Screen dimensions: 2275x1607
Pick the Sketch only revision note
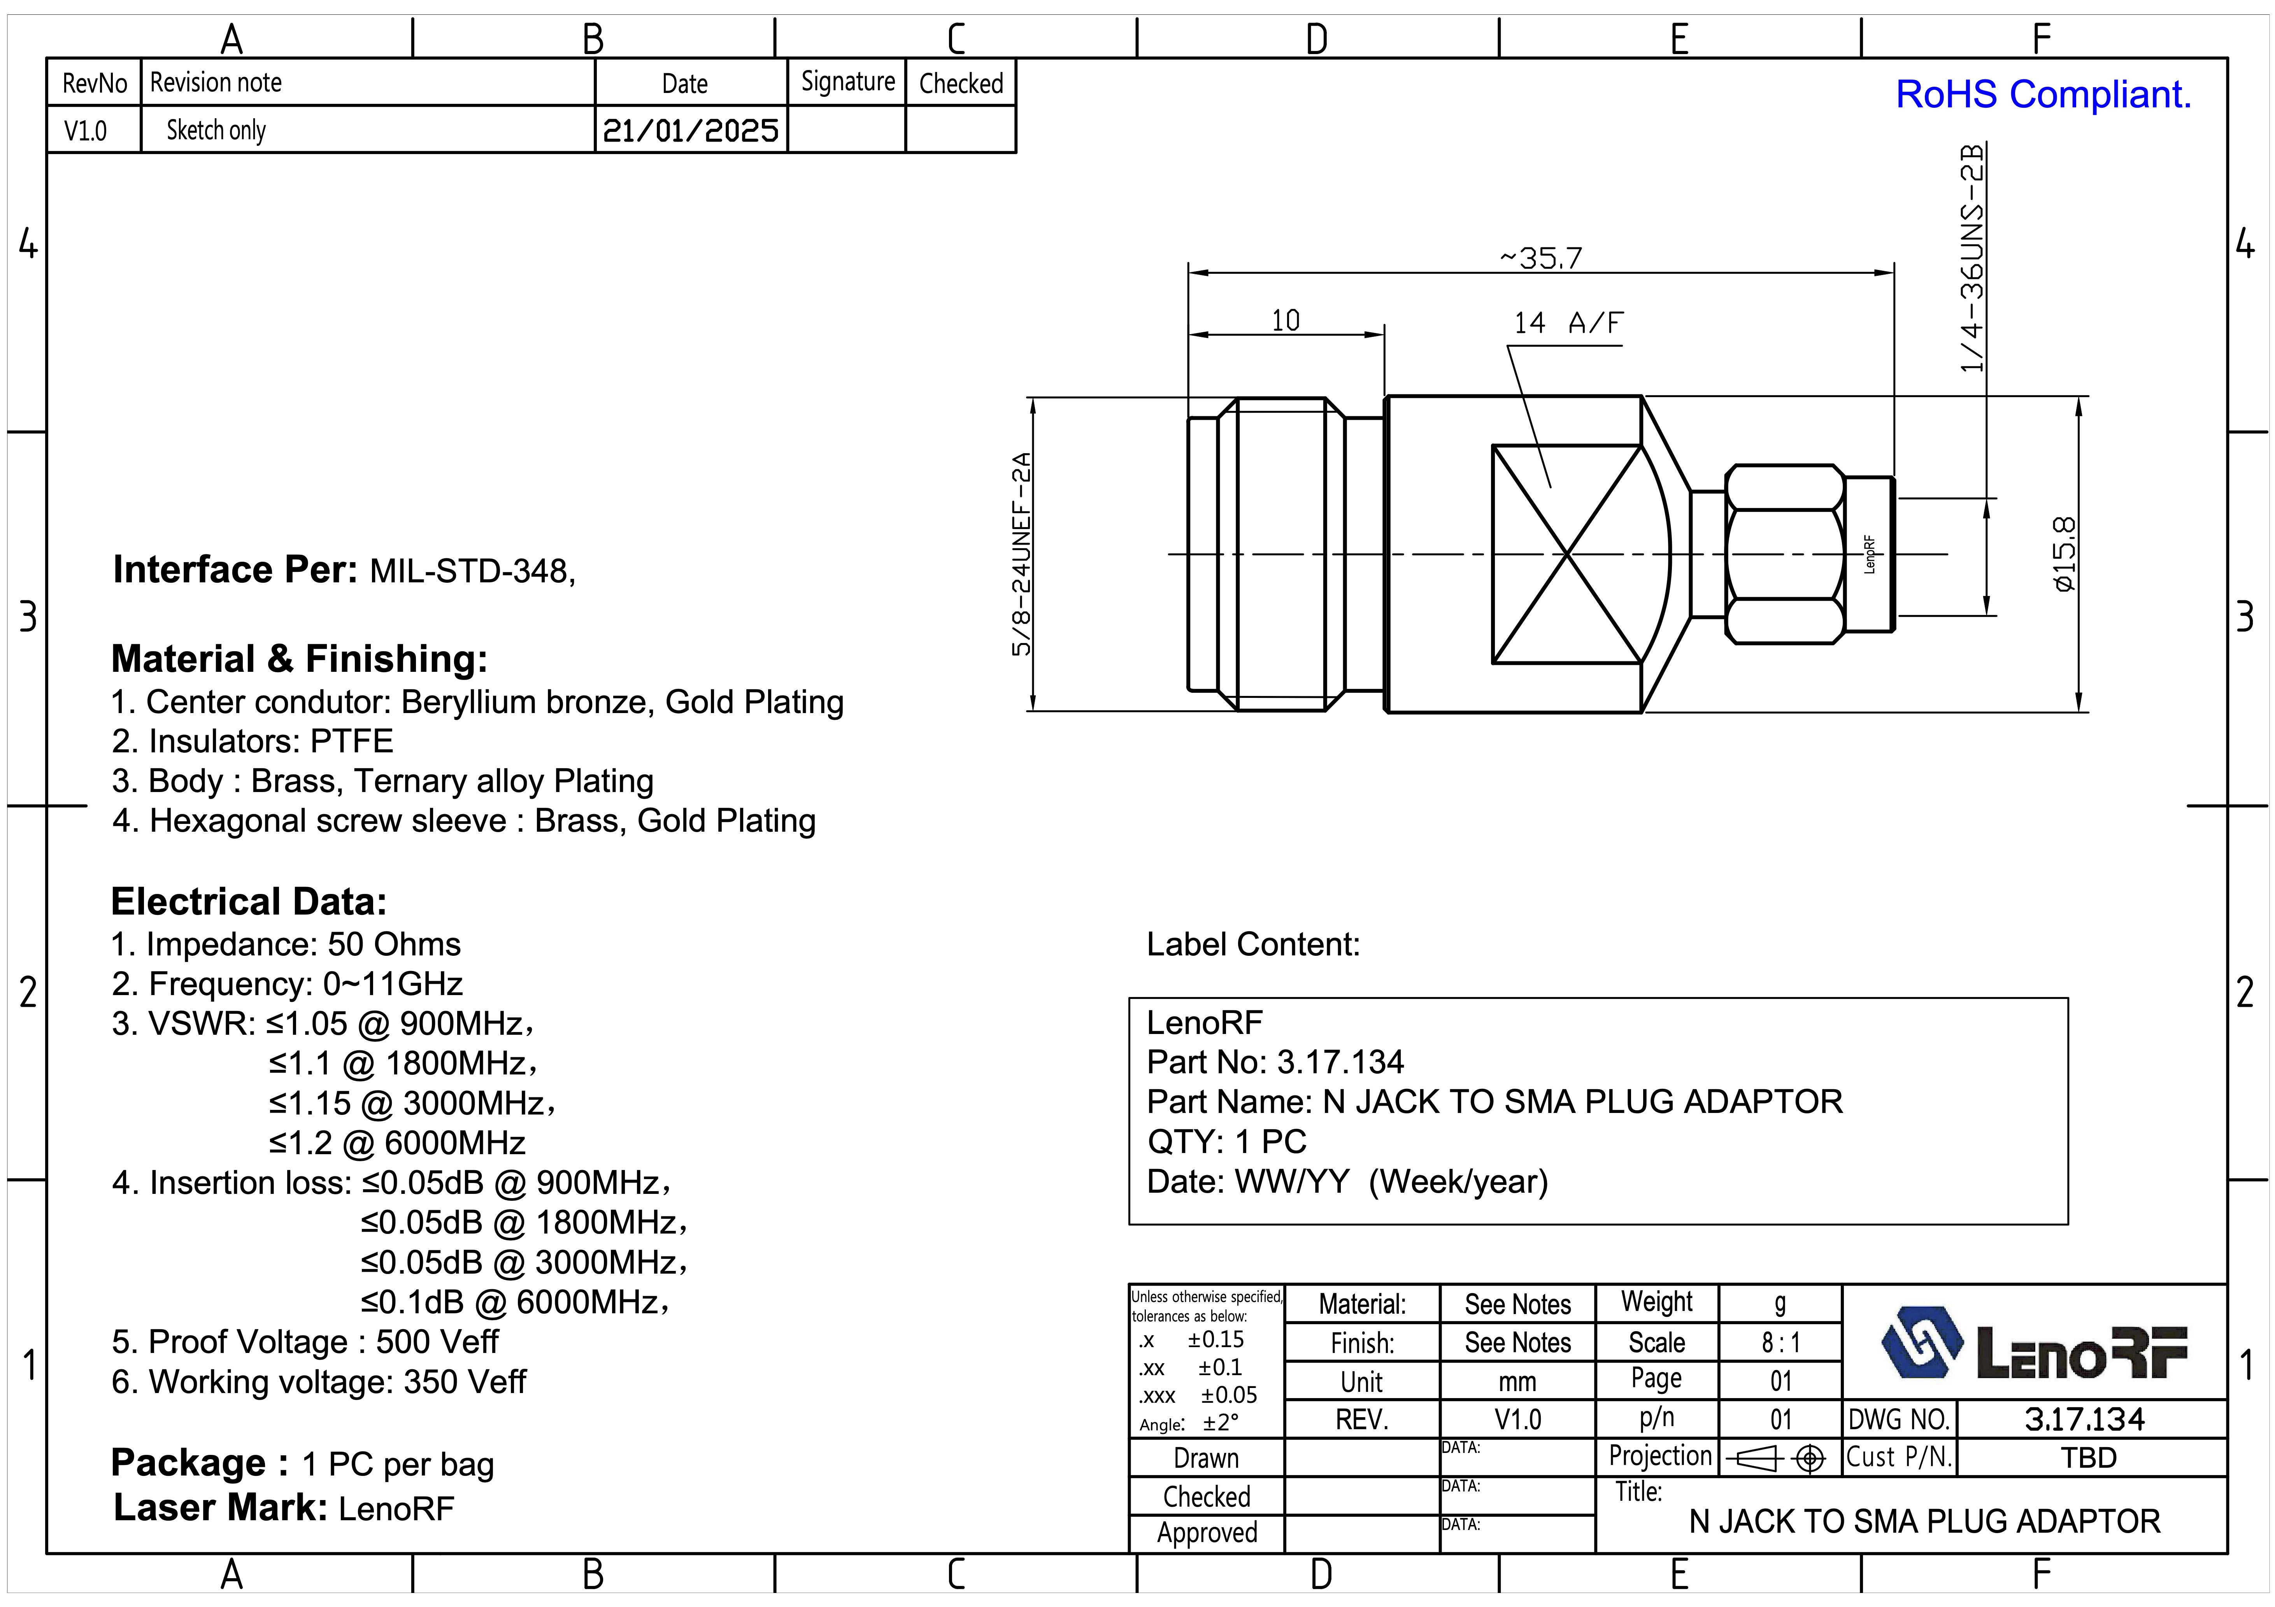pyautogui.click(x=216, y=130)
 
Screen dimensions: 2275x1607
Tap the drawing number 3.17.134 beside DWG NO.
pyautogui.click(x=2085, y=1419)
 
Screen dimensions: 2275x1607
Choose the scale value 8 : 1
pyautogui.click(x=1780, y=1342)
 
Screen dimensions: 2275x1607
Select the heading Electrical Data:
pyautogui.click(x=249, y=902)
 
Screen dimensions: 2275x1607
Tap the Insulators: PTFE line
pyautogui.click(x=253, y=741)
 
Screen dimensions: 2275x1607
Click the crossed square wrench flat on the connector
pyautogui.click(x=1566, y=554)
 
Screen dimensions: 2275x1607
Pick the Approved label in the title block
pyautogui.click(x=1207, y=1533)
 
